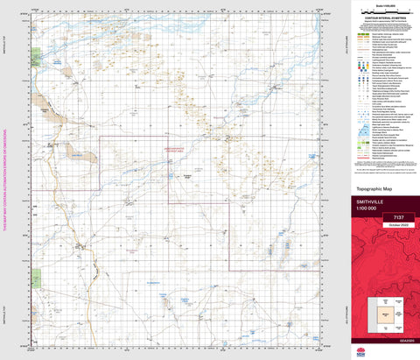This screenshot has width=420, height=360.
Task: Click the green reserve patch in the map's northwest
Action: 36,59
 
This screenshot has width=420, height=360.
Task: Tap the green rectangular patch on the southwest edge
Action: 36,279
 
